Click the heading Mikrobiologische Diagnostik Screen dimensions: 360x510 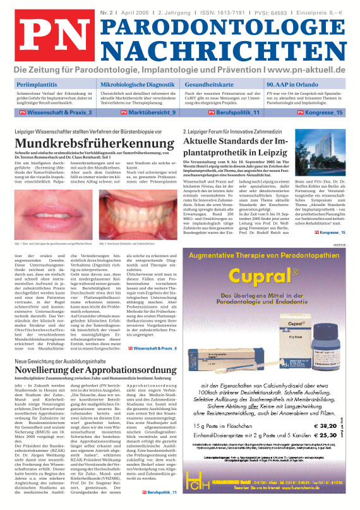pos(137,83)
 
